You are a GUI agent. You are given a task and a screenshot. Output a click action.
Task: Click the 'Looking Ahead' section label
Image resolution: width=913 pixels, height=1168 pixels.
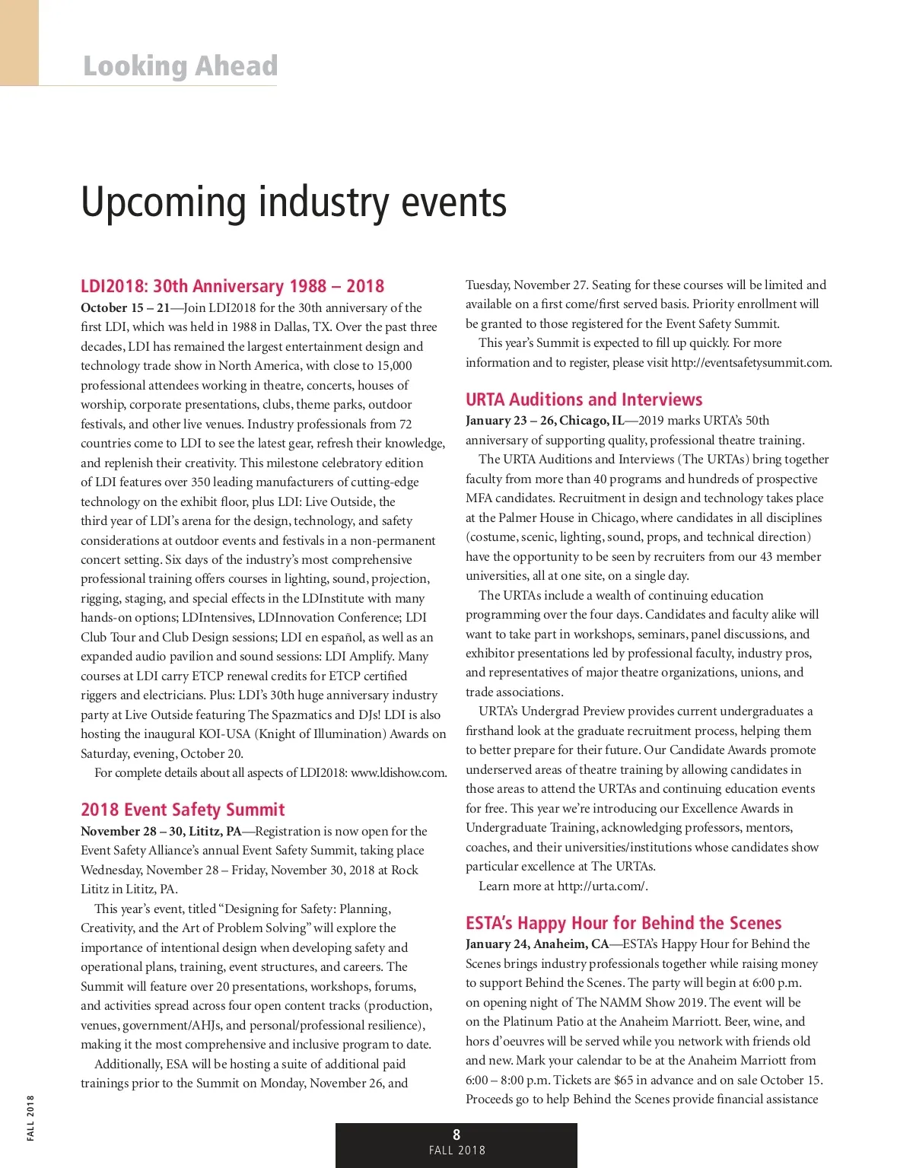coord(180,66)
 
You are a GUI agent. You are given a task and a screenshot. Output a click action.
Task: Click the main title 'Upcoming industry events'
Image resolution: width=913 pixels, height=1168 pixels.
coord(294,202)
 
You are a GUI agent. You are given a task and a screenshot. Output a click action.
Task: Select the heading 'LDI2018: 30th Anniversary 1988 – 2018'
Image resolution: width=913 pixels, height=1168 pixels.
coord(232,286)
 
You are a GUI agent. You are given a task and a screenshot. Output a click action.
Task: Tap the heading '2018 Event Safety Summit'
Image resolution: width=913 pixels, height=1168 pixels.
coord(183,810)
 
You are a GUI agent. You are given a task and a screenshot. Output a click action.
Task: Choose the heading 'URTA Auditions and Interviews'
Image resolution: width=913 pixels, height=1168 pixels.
coord(584,399)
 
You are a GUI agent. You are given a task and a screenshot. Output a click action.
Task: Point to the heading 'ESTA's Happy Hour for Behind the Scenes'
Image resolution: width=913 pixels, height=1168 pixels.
coord(623,923)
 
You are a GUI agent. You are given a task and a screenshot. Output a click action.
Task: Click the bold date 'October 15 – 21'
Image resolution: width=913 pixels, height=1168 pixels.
coord(126,308)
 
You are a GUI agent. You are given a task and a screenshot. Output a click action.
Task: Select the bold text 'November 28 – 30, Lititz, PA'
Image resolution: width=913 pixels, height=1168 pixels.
coord(161,831)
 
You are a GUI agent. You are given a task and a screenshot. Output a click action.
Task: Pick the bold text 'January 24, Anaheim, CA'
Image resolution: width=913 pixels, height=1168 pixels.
coord(537,944)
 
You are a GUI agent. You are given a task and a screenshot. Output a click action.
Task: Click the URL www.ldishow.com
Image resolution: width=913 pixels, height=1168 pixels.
coord(398,773)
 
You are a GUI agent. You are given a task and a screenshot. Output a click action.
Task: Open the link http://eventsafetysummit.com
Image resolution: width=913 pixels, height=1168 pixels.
coord(750,363)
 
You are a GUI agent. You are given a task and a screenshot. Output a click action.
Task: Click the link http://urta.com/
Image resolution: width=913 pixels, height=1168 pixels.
coord(602,886)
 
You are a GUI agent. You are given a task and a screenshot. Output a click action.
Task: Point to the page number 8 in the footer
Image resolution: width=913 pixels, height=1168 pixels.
coord(456,1135)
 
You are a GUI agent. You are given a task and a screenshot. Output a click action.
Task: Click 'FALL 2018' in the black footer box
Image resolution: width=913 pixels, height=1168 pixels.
coord(456,1150)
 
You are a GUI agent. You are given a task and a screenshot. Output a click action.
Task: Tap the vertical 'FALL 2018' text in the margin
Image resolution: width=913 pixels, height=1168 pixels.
coord(30,1117)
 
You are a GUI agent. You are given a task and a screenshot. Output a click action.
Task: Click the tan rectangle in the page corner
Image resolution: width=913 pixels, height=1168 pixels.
coord(19,43)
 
